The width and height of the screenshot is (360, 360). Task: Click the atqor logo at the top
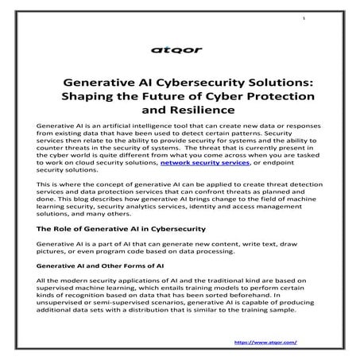180,49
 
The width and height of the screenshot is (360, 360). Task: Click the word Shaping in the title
85,96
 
